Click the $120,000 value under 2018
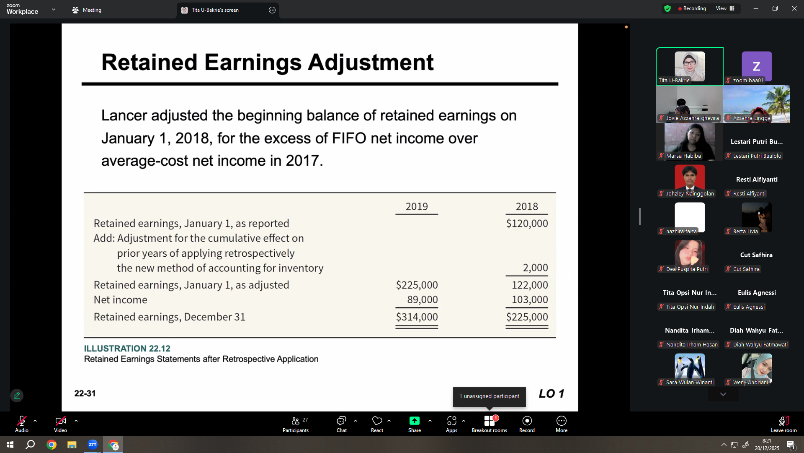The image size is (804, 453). [527, 224]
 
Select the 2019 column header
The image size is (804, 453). [417, 206]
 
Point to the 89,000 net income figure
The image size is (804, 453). [423, 299]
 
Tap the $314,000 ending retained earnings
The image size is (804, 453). [417, 317]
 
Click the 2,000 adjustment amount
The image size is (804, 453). [535, 268]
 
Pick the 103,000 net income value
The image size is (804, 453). [530, 299]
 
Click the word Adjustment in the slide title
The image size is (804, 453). [371, 63]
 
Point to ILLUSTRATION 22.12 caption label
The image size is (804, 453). [127, 349]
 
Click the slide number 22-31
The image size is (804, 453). [85, 393]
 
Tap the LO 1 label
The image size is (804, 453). [551, 393]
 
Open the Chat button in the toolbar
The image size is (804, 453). [342, 424]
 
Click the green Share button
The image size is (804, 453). [415, 424]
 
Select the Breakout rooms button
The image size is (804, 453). [490, 424]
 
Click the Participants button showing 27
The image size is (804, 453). [296, 424]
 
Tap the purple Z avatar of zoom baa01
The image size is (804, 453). [757, 66]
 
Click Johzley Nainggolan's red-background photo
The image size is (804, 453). [690, 179]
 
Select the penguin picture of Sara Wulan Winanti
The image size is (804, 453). [690, 367]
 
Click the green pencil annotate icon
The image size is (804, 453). [17, 396]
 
